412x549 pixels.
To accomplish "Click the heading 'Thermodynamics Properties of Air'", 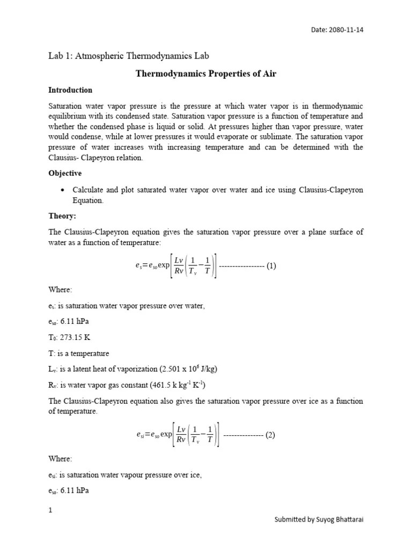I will (x=205, y=73).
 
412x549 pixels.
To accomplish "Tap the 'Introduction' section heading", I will (x=70, y=90).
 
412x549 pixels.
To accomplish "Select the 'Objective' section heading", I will (x=65, y=174).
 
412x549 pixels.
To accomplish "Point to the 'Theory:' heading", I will (x=63, y=216).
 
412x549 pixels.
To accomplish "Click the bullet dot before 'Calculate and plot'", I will (x=63, y=191).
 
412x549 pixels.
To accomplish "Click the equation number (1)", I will (x=271, y=266).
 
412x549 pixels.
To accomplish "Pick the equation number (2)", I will (x=270, y=435).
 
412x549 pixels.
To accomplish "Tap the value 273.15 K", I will (x=76, y=338).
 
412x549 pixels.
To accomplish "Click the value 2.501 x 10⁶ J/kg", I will (x=178, y=369).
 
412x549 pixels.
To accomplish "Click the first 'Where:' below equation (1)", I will (x=60, y=290).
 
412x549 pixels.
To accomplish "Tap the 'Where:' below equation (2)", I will (x=60, y=459).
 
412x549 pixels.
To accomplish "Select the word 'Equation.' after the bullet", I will (x=88, y=201).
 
